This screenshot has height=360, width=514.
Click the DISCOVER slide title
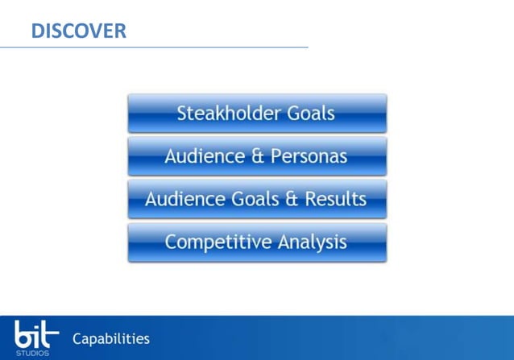(78, 31)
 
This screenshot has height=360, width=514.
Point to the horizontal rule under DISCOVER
(154, 48)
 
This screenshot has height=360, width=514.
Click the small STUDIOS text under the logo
(32, 353)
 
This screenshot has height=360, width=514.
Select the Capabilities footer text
(110, 339)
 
